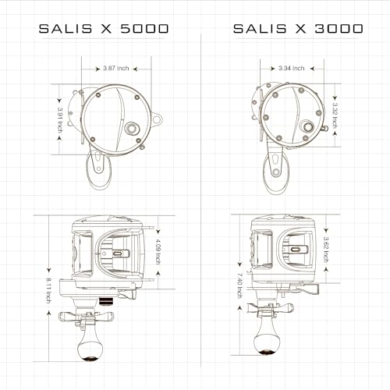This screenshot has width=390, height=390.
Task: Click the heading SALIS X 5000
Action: pos(104,29)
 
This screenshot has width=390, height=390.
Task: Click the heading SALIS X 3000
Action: pos(297,29)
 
